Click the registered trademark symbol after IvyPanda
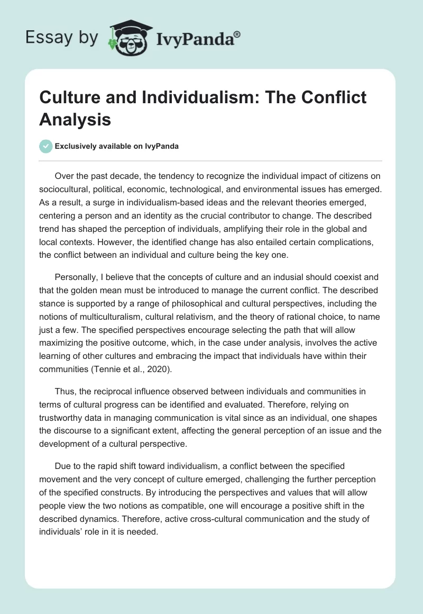(x=237, y=34)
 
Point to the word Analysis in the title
(x=75, y=120)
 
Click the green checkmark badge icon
(x=45, y=146)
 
